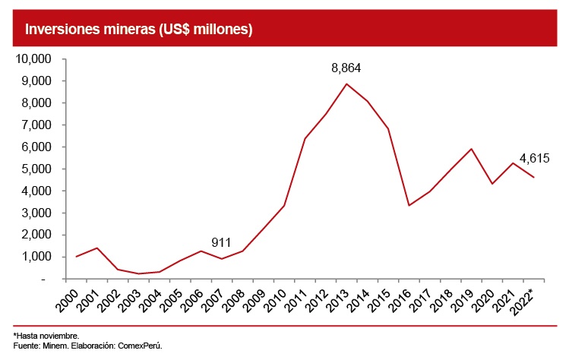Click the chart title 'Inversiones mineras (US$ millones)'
[x=139, y=29]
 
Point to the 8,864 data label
[x=346, y=68]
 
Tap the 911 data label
[x=221, y=243]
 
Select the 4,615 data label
[x=534, y=159]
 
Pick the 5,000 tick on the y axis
[x=36, y=169]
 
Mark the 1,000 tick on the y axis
[x=36, y=257]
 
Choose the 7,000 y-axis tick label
[x=36, y=125]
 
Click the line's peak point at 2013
[x=346, y=84]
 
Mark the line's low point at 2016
[x=409, y=206]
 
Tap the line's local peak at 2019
[x=472, y=149]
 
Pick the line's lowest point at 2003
[x=139, y=274]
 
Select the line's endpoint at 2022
[x=534, y=177]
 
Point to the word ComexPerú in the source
[x=141, y=345]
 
